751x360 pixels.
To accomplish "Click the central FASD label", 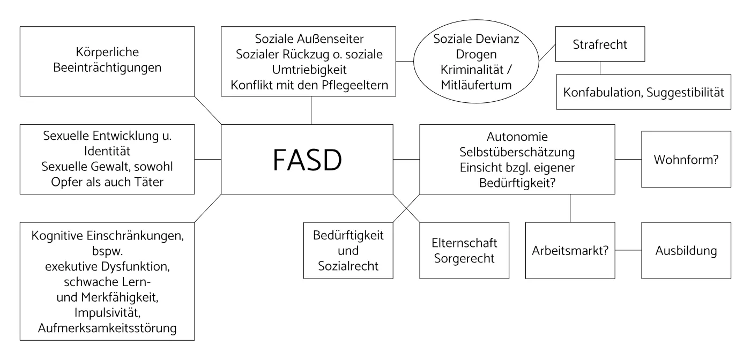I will click(307, 159).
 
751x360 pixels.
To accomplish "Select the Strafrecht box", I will click(599, 45).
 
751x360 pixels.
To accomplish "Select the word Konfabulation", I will click(604, 92).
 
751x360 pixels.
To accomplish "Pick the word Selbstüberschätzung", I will click(517, 152).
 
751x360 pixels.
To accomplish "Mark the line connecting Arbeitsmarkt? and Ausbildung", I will click(628, 250).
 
